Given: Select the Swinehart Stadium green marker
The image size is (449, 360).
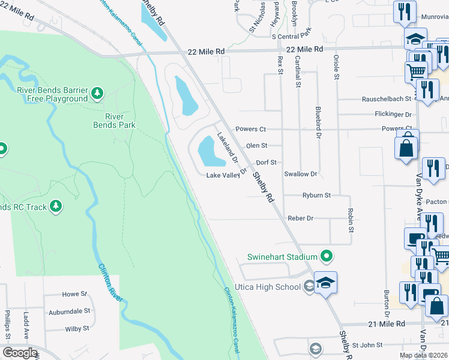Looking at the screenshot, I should pos(327,257).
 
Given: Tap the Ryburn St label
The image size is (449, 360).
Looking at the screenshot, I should pos(316,196).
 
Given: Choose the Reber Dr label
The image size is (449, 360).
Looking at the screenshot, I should pos(301,218).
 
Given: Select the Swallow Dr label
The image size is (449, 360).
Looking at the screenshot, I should pos(300,174).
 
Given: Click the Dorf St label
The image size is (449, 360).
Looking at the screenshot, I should pos(266,162).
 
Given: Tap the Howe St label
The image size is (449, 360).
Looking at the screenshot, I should pos(74,295).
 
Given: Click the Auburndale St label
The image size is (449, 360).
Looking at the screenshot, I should pos(70,311).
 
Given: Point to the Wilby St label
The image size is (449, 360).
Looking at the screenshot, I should pos(77,328).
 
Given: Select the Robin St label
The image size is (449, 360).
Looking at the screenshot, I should pos(350,220).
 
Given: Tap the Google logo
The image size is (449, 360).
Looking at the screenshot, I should pos(20,353).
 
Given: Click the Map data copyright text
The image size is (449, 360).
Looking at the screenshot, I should pos(424,355).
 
